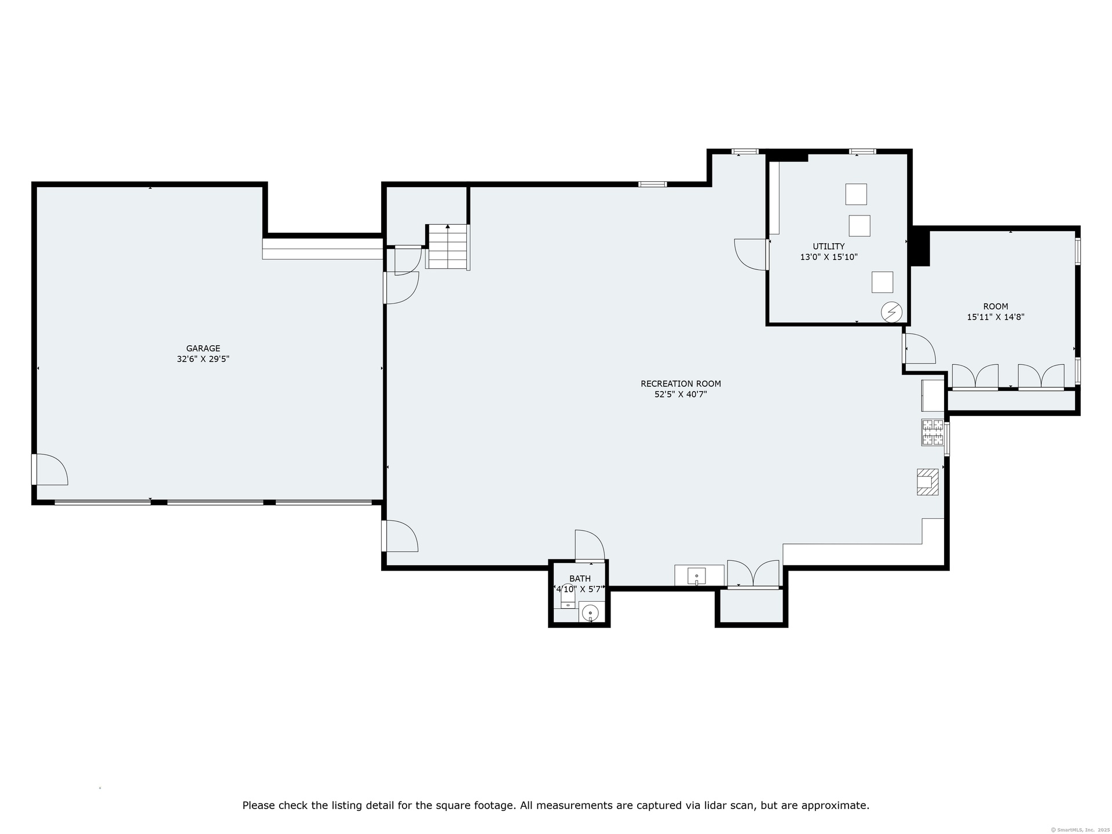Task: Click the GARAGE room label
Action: [x=203, y=349]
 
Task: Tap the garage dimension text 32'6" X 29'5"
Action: [x=203, y=359]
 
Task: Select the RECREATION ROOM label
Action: [x=681, y=383]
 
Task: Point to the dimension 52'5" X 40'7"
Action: [x=681, y=394]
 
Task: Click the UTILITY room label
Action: [x=828, y=247]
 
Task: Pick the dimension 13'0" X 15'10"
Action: [x=828, y=257]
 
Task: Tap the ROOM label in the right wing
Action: [x=996, y=306]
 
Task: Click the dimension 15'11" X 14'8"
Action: [x=996, y=317]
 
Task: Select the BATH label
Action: [x=580, y=579]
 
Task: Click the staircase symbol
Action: [x=448, y=247]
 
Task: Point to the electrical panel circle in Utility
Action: [x=892, y=313]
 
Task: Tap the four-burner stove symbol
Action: [x=932, y=432]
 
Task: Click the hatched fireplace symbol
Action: [x=927, y=481]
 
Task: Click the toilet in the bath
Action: [x=568, y=597]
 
